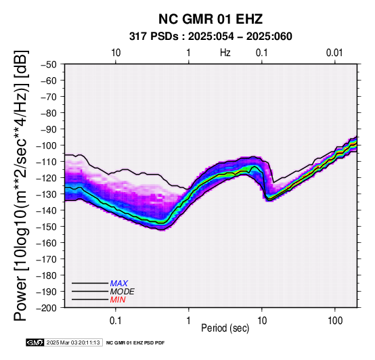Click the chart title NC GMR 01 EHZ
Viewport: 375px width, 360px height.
coord(211,19)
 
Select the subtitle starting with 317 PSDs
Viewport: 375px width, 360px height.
coord(211,37)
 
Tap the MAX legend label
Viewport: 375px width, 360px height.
coord(119,284)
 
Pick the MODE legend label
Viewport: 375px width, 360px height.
coord(123,292)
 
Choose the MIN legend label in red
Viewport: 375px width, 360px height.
coord(118,300)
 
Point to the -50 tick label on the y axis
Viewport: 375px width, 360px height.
coord(49,64)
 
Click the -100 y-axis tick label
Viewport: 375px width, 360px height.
coord(47,145)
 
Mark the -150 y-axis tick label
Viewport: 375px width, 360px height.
coord(47,227)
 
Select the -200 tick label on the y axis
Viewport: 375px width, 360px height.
coord(47,308)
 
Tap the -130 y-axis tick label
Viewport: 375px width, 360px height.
coord(47,194)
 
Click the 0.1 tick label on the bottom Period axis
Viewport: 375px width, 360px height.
coord(116,321)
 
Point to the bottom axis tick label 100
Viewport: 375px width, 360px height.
coord(335,321)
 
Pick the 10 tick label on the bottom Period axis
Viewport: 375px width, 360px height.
coord(262,321)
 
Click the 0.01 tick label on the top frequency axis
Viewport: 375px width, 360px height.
coord(334,53)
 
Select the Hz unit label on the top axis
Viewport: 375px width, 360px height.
coord(225,53)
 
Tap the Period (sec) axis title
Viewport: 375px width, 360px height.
coord(225,328)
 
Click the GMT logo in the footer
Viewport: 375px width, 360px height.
coord(35,342)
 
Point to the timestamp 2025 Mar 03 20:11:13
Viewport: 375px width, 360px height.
coord(73,342)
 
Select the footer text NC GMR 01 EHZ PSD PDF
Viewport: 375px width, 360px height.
coord(135,343)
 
